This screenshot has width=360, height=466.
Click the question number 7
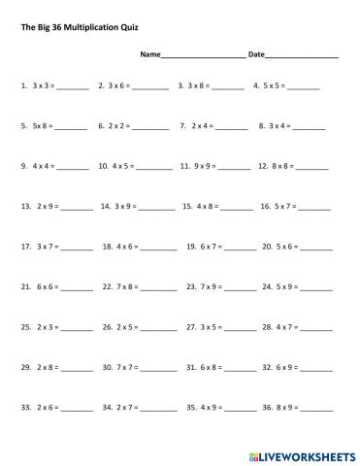pos(182,125)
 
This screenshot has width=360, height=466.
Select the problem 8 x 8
pos(282,166)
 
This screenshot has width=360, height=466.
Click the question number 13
pos(25,206)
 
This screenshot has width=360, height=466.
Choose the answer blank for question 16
pos(315,209)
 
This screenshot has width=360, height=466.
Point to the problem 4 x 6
pos(129,247)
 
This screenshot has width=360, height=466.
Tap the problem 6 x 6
pos(47,287)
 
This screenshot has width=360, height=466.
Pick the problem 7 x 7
pos(129,368)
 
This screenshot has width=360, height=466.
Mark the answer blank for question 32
pos(315,371)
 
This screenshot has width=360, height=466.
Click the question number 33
pos(25,409)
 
